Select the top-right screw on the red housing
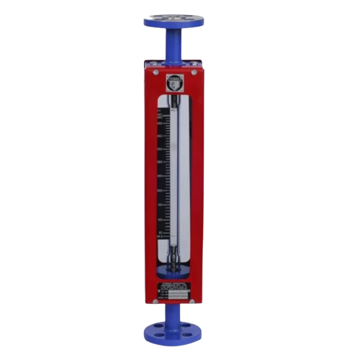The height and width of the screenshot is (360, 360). click(196, 73)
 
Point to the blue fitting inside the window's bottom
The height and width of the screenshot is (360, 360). click(175, 271)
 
